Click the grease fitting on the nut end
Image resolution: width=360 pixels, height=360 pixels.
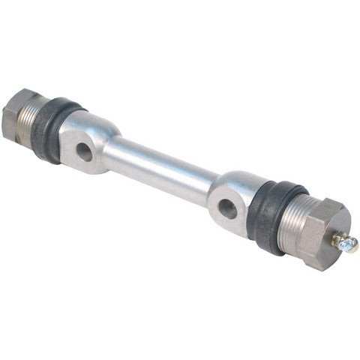pos(345,241)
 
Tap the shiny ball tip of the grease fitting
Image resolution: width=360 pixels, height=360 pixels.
pos(351,245)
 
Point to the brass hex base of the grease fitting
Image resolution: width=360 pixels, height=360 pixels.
pos(340,238)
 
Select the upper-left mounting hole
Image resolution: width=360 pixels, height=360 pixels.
pos(84,152)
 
